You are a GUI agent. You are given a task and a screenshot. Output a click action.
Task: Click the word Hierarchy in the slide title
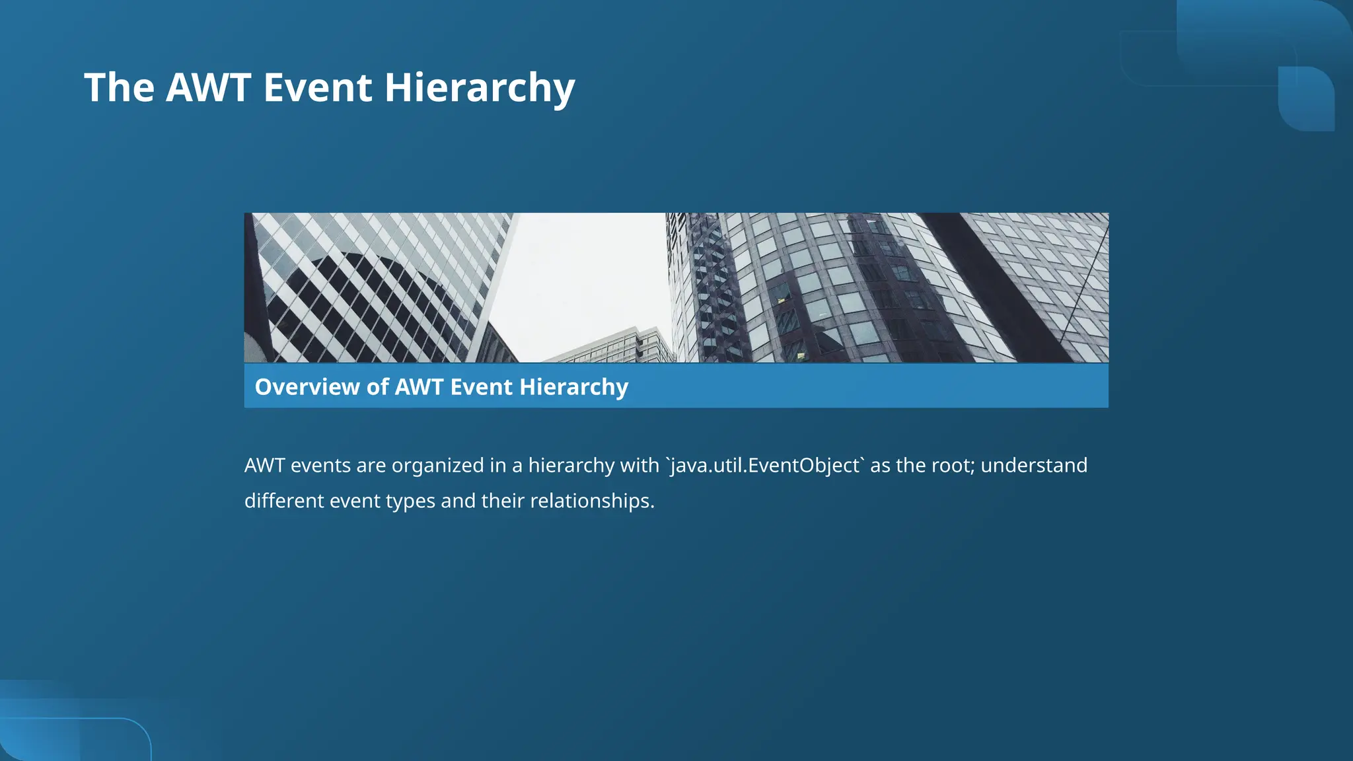[480, 88]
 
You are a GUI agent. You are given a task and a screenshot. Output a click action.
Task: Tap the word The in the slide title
[119, 88]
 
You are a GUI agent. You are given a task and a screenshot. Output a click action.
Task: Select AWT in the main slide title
[208, 88]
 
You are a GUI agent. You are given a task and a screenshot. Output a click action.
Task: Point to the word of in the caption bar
[378, 387]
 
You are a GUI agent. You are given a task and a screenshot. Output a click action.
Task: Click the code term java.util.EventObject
[764, 466]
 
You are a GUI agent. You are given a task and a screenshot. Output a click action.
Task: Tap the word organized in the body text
[437, 466]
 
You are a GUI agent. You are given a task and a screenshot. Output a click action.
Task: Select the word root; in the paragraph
[953, 466]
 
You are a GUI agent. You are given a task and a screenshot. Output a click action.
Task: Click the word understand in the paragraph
[1034, 466]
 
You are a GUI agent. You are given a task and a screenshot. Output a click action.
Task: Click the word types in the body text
[410, 501]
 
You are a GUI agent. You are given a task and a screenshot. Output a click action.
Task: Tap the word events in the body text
[320, 466]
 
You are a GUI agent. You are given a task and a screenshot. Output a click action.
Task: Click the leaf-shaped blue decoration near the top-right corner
[1306, 98]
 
